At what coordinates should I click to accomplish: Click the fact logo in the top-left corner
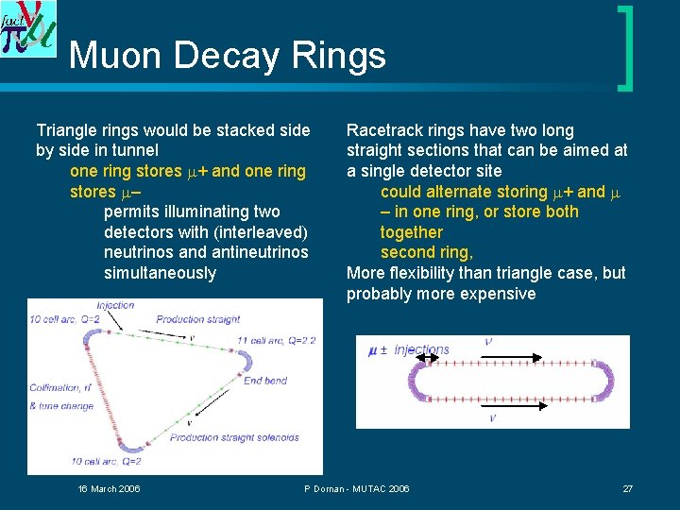[x=28, y=28]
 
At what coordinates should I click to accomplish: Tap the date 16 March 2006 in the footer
[x=109, y=488]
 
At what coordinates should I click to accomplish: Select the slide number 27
[x=627, y=488]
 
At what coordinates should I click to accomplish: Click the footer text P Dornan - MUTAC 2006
[x=356, y=488]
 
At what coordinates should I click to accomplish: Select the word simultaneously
[x=160, y=273]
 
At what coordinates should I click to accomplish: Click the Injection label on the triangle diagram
[x=114, y=305]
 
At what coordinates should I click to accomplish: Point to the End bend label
[x=264, y=382]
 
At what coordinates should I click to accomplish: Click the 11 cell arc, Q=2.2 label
[x=277, y=341]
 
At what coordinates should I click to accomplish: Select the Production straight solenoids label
[x=234, y=437]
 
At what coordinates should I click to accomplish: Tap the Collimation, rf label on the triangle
[x=59, y=387]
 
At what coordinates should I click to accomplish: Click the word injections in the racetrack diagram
[x=421, y=350]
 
